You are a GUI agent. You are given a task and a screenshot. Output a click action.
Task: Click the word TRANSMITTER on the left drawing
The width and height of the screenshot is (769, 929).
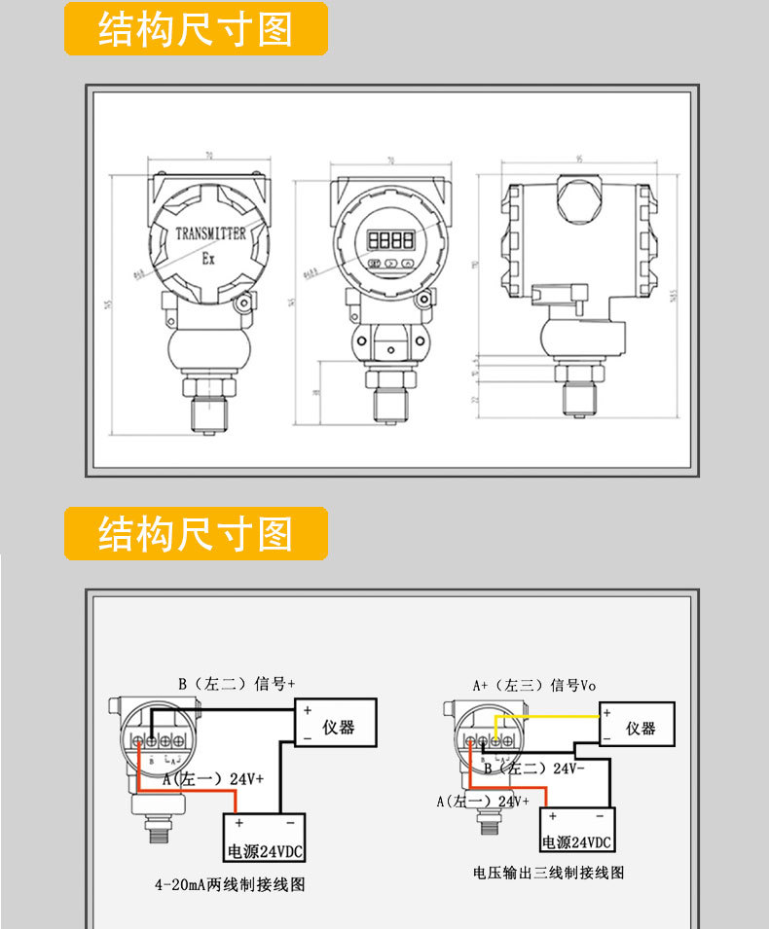click(210, 233)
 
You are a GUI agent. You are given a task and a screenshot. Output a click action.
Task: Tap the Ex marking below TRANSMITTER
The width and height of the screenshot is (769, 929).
click(208, 259)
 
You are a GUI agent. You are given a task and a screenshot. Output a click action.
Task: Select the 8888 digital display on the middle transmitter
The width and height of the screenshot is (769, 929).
click(389, 239)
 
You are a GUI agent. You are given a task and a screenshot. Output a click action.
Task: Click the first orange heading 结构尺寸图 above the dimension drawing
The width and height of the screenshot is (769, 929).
click(196, 29)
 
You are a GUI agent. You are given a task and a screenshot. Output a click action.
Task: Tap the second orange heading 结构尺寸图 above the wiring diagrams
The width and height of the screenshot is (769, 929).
click(196, 533)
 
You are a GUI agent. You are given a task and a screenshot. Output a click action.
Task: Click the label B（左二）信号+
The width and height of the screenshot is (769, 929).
click(236, 683)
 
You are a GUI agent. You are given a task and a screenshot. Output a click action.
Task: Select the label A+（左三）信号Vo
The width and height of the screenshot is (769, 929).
click(534, 685)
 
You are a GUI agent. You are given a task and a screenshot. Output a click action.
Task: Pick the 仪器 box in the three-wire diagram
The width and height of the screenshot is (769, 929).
click(638, 727)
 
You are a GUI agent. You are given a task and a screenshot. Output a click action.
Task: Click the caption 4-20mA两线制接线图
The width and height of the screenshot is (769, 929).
click(230, 885)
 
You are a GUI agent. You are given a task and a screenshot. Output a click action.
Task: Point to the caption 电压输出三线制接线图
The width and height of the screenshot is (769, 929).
click(548, 873)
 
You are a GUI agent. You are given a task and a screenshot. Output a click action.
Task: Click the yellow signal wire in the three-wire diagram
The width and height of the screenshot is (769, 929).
click(545, 717)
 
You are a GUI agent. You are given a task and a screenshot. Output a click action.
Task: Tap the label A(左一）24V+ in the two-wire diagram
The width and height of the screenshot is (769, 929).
click(212, 779)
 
